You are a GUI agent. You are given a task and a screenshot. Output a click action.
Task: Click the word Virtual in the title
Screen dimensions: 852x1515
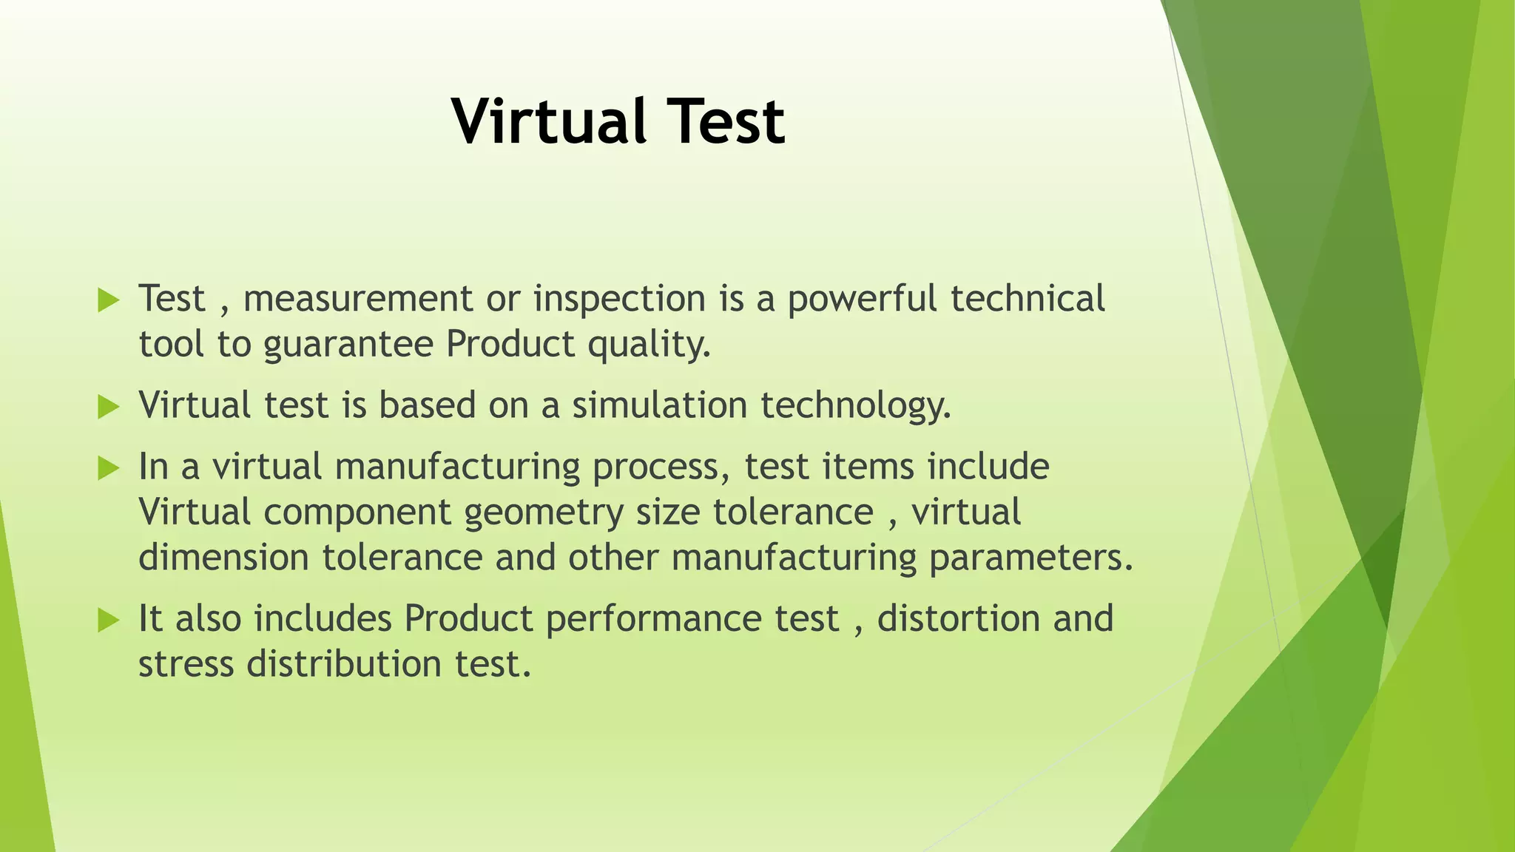pos(546,122)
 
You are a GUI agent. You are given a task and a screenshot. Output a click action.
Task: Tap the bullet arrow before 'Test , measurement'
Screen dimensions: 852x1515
pos(108,300)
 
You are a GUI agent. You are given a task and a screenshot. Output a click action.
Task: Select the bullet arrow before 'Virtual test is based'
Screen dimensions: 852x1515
pos(108,407)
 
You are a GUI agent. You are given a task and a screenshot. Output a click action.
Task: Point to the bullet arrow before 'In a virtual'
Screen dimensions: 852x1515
pos(108,468)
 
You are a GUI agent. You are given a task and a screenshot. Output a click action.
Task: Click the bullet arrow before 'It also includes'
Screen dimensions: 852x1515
pos(108,620)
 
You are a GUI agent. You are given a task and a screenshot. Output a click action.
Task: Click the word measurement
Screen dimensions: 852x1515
pos(357,300)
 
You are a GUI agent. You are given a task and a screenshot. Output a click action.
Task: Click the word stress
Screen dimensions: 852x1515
pos(186,664)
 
